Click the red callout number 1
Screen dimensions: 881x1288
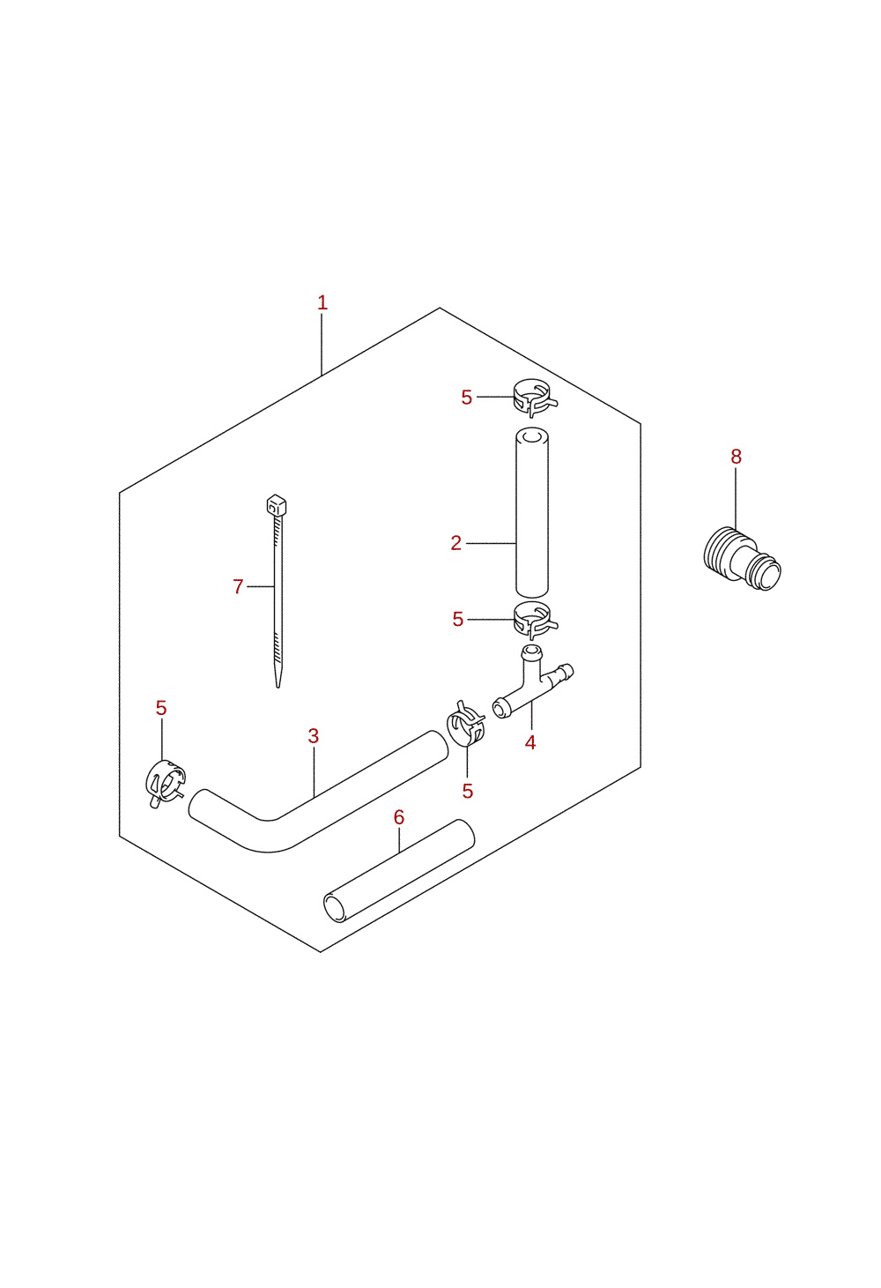(322, 302)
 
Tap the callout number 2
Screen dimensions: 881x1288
(455, 543)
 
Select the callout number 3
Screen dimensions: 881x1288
(314, 736)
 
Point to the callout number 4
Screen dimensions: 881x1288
(530, 742)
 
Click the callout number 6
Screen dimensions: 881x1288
(399, 817)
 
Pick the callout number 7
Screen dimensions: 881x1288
(238, 586)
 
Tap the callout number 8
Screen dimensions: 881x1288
(737, 457)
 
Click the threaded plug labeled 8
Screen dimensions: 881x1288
(742, 559)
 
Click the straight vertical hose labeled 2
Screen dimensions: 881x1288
(532, 513)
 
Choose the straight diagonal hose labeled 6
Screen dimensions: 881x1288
(399, 871)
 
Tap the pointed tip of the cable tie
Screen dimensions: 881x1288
(278, 686)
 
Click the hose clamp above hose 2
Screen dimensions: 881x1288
(535, 398)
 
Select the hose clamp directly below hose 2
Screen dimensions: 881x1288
(535, 621)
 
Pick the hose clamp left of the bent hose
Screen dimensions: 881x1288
(166, 783)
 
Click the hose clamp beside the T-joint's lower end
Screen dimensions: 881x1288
(466, 723)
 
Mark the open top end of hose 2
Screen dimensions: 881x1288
(532, 436)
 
